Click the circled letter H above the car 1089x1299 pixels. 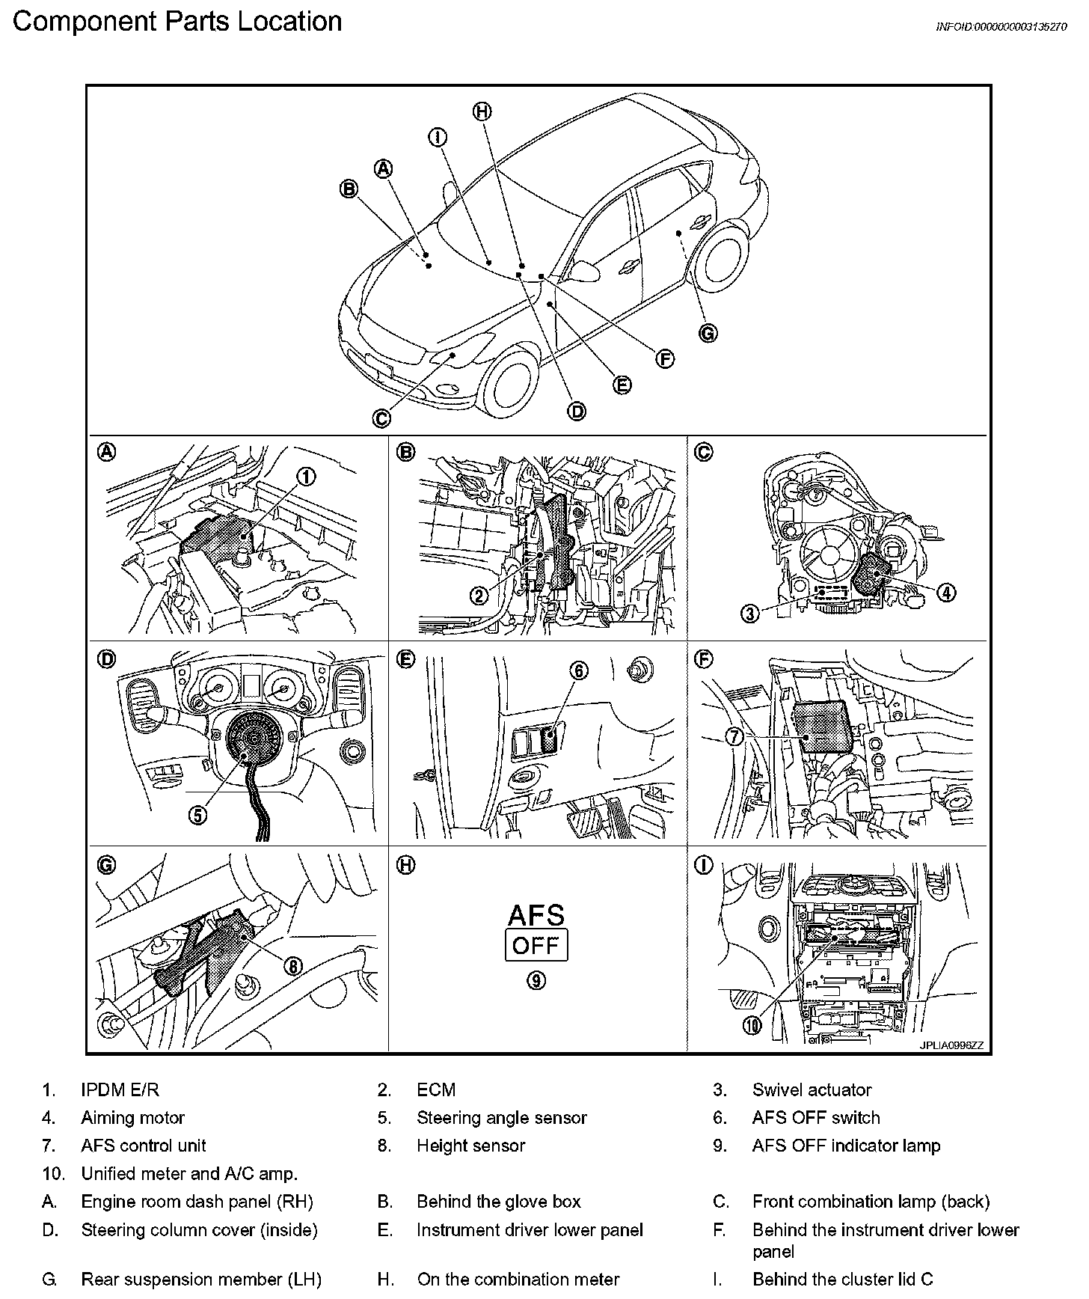coord(482,111)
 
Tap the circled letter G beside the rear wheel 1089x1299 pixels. coord(708,333)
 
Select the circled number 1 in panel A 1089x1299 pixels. coord(307,477)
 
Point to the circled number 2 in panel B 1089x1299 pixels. coord(479,596)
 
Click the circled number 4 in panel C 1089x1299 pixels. coord(946,592)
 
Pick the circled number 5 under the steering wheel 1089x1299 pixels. coord(197,815)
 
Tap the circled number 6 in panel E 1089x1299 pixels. coord(580,671)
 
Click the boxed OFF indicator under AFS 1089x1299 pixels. coord(536,945)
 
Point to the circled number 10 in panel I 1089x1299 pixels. coord(752,1024)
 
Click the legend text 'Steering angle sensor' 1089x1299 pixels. coord(501,1118)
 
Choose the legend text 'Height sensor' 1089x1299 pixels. coord(470,1146)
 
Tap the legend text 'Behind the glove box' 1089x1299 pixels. coord(498,1202)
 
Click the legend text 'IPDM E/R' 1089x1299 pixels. coord(120,1090)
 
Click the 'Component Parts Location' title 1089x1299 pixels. coord(177,21)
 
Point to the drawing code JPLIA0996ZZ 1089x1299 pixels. coord(951,1045)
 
